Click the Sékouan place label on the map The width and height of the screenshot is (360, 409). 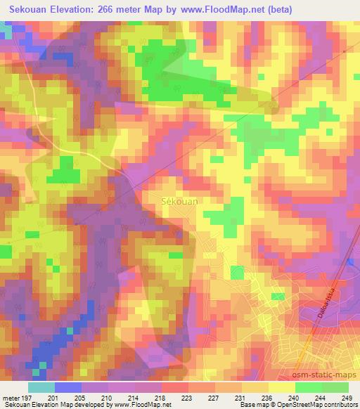coord(181,200)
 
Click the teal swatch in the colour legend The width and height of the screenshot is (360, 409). coord(41,387)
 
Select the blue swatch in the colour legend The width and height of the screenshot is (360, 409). coord(67,387)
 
